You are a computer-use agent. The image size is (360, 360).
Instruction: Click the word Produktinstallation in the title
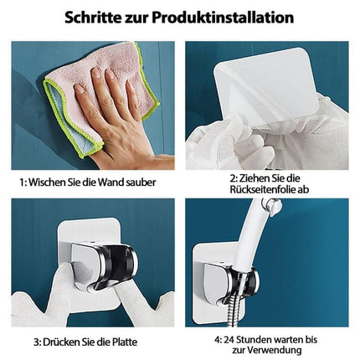[x=223, y=18]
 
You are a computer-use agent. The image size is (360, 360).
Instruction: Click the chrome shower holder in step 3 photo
[x=103, y=268]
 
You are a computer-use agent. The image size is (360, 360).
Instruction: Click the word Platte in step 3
[x=123, y=342]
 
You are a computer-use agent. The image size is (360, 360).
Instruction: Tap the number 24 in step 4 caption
[x=229, y=340]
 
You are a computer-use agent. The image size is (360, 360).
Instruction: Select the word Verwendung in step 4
[x=274, y=350]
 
